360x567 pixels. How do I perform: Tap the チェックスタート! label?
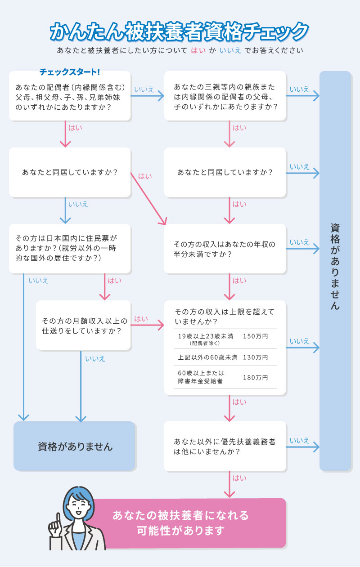(x=70, y=72)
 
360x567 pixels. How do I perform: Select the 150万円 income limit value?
(x=255, y=336)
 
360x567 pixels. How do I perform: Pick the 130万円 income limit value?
(x=255, y=357)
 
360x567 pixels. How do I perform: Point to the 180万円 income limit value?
(x=255, y=377)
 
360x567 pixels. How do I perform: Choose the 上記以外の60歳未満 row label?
(x=207, y=357)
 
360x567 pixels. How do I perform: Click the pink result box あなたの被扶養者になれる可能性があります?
(x=189, y=523)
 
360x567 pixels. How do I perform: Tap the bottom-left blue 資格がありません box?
(x=75, y=446)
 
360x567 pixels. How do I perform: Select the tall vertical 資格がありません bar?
(x=335, y=270)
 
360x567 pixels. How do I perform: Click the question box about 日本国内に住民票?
(x=70, y=249)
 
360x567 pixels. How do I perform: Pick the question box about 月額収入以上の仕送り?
(x=84, y=326)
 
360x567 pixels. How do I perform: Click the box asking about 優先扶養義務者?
(x=225, y=446)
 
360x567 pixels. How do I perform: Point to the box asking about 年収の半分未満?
(x=225, y=249)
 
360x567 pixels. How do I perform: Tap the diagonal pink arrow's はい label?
(x=145, y=176)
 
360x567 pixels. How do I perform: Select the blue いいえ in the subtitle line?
(x=230, y=50)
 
